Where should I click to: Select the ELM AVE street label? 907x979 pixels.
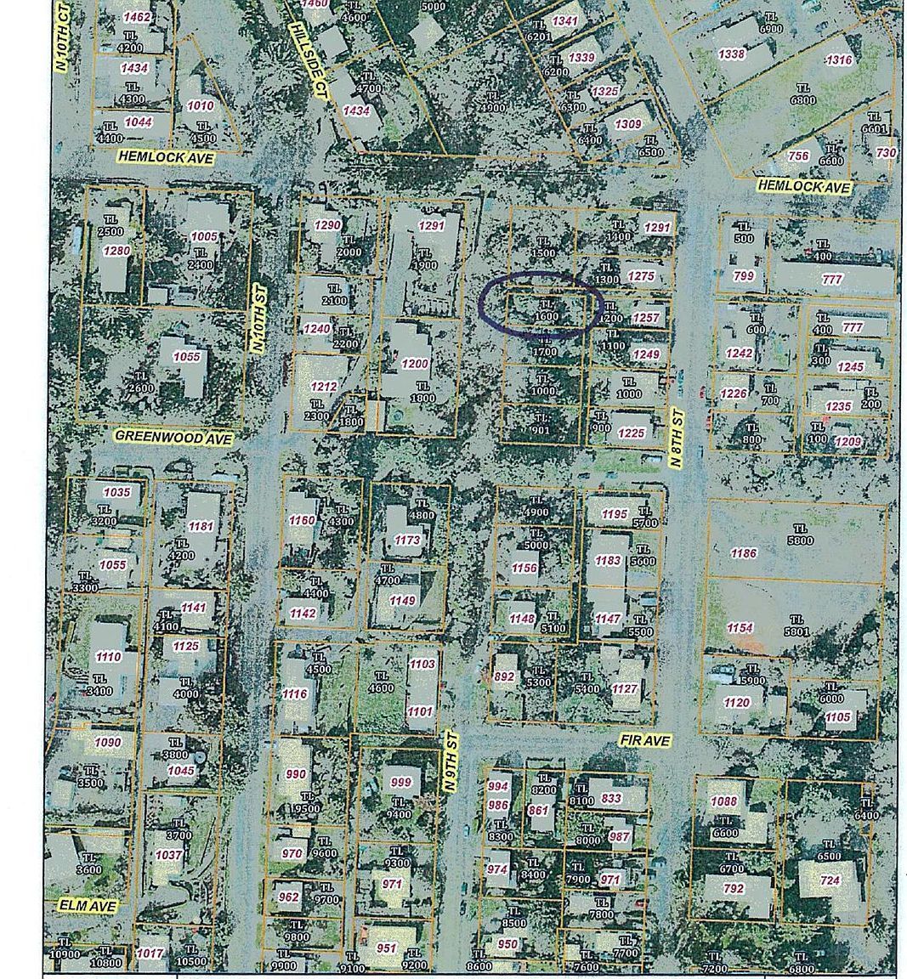tap(88, 906)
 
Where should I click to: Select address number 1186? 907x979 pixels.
tap(743, 553)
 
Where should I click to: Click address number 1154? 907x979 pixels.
tap(740, 627)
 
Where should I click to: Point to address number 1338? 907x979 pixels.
tap(731, 54)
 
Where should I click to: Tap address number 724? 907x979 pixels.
tap(830, 880)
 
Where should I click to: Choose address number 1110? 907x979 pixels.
tap(108, 656)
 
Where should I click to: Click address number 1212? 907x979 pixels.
tap(324, 387)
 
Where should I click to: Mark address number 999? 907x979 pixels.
tap(400, 782)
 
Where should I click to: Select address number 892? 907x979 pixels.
tap(504, 676)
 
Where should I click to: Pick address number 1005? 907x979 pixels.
tap(204, 236)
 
